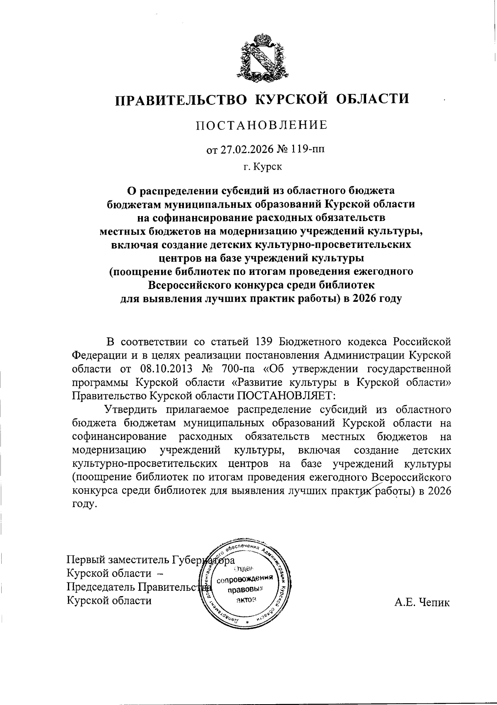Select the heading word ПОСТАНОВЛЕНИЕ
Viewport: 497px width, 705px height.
click(x=262, y=125)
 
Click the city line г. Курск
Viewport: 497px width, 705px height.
click(x=262, y=167)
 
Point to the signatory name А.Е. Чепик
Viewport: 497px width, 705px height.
click(x=422, y=602)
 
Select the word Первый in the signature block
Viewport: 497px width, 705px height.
click(x=86, y=560)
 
